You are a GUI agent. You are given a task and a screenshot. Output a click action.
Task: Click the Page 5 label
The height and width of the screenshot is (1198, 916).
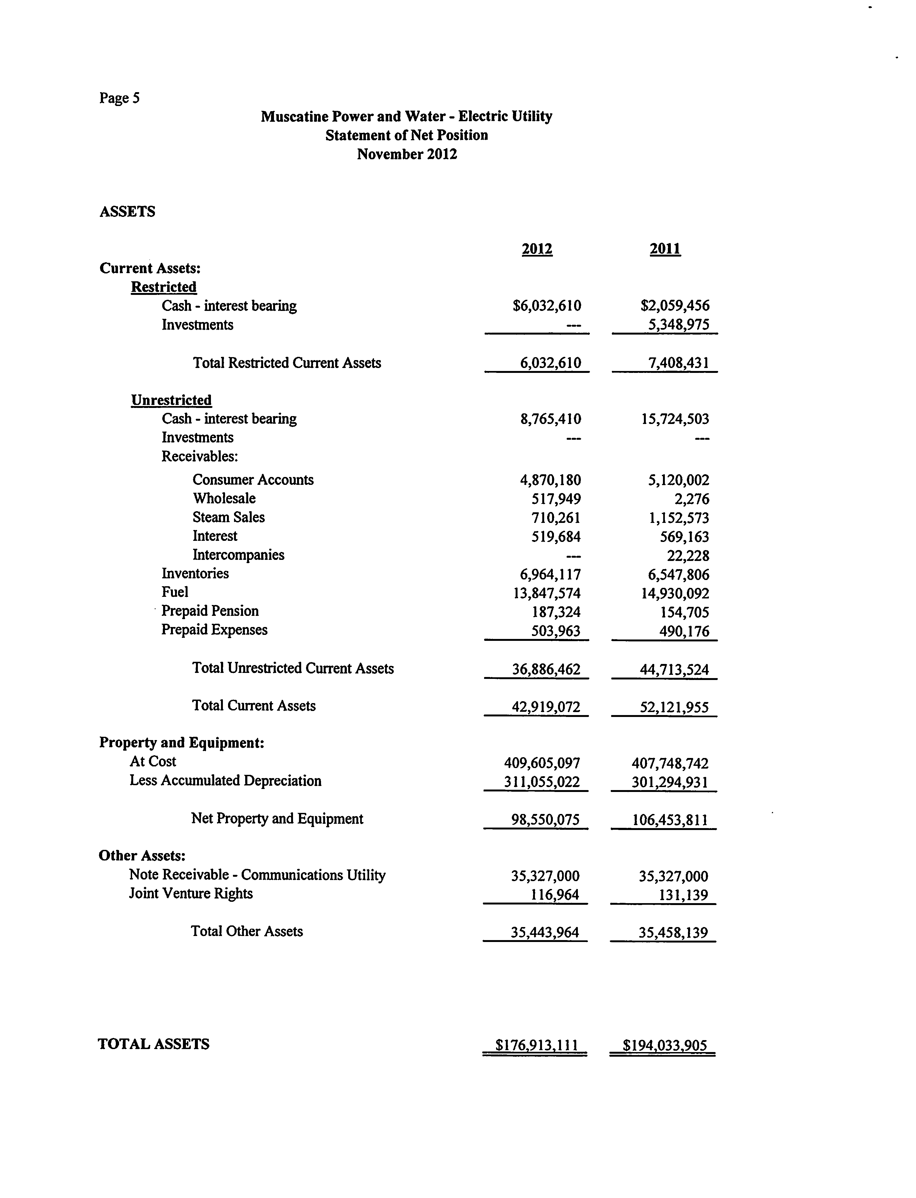pos(119,98)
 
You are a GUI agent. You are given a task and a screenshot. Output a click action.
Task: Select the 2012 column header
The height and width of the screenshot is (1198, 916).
pos(537,249)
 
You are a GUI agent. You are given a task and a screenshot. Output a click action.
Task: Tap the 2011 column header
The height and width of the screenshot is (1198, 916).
pos(665,249)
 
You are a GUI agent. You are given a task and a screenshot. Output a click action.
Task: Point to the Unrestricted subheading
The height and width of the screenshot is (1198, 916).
pos(171,400)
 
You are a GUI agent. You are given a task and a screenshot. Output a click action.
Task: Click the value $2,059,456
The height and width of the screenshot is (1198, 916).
pos(675,306)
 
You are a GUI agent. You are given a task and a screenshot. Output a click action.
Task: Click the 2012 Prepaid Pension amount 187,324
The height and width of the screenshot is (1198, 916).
pos(556,612)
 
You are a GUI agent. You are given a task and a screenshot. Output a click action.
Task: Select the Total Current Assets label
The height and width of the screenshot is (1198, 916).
pos(254,706)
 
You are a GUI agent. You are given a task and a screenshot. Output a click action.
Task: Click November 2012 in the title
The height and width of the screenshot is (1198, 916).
pos(407,154)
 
